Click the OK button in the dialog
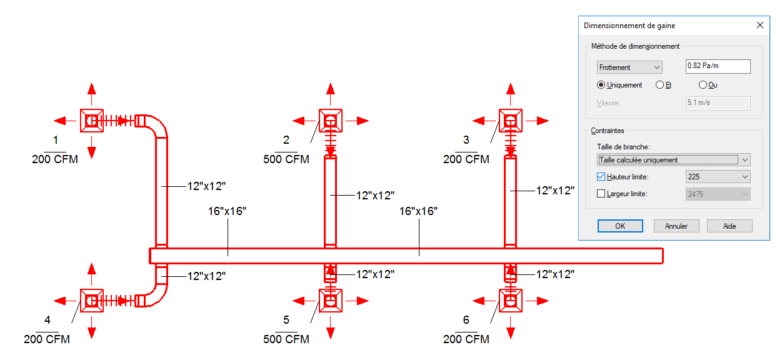620,226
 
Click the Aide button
729,226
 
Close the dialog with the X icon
760,25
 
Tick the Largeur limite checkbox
601,194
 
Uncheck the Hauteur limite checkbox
601,176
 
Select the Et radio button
659,85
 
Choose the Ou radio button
703,85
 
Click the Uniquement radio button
601,85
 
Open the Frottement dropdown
629,67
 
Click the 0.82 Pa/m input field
718,66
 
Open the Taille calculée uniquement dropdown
673,160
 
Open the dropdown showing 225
718,177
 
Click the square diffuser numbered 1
91,121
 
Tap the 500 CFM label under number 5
286,339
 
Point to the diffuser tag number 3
466,140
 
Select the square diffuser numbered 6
510,301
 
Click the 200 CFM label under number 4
47,339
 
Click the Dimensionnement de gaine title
629,26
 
